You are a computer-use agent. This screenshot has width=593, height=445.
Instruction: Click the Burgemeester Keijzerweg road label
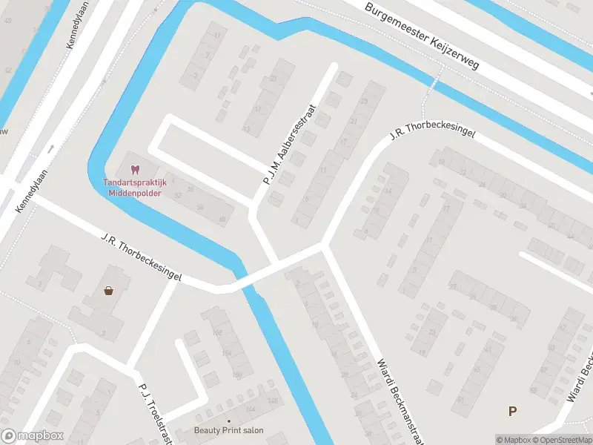[x=423, y=35]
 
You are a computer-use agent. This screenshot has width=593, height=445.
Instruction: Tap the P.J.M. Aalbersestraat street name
[x=290, y=145]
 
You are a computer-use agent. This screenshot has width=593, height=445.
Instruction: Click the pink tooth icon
[x=134, y=170]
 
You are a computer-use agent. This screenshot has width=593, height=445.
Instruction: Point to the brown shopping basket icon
[x=109, y=291]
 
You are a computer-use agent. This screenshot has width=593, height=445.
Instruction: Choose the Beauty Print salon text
[x=228, y=430]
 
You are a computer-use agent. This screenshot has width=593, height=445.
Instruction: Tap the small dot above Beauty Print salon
[x=228, y=420]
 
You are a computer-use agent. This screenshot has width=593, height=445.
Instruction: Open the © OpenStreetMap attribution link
[x=563, y=440]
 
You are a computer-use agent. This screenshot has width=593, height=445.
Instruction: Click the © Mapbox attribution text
[x=514, y=440]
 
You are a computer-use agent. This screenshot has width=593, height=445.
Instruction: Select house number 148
[x=273, y=402]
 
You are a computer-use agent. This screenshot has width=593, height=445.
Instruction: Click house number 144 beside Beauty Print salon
[x=251, y=409]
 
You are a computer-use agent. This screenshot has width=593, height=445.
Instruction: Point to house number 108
[x=217, y=333]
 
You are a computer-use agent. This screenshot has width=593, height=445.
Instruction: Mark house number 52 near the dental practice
[x=178, y=196]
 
